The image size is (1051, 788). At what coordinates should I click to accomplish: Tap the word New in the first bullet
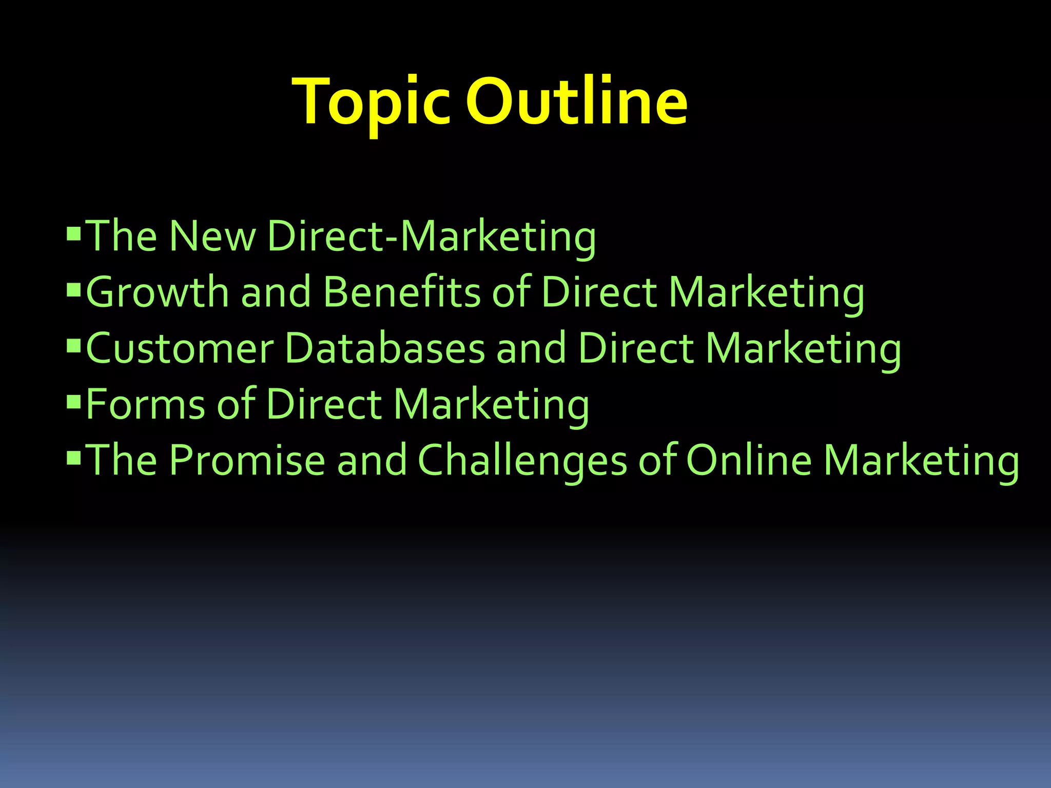[x=212, y=236]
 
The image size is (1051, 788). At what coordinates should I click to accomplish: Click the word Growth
[x=157, y=292]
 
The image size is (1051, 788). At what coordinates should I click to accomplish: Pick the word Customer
[x=180, y=348]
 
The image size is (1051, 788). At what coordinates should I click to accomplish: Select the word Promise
[x=247, y=460]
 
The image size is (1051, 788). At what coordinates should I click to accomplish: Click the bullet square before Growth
[x=74, y=290]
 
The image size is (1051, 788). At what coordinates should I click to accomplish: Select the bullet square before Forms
[x=74, y=402]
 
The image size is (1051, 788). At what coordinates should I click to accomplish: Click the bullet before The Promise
[x=74, y=458]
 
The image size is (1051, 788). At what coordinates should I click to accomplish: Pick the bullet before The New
[x=74, y=234]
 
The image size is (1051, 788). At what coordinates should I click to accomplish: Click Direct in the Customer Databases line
[x=636, y=348]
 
